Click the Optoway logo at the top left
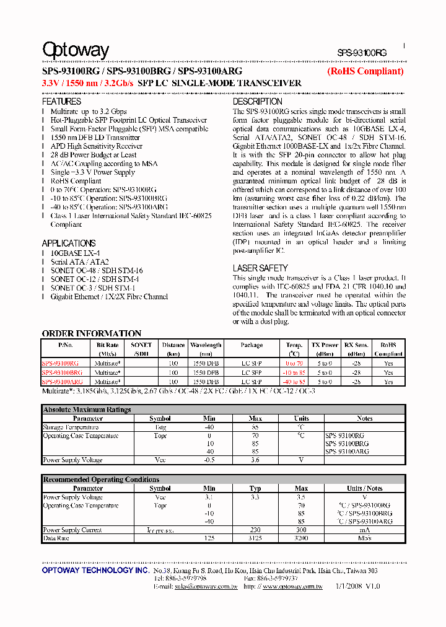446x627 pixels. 75,50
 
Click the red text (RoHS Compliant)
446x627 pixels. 365,71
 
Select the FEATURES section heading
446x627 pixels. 61,102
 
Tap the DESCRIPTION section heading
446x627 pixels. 257,102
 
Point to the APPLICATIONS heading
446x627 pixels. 68,243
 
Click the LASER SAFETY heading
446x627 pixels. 260,268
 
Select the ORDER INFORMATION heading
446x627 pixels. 91,333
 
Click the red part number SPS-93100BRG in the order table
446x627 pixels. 62,373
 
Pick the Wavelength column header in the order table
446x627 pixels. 206,345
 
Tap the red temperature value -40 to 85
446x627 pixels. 294,382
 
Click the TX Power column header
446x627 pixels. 325,345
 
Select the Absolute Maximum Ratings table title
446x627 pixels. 87,410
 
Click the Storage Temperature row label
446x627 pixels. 71,427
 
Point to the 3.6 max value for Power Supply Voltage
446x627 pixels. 255,460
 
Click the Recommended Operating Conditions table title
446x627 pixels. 100,480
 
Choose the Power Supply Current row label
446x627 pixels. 72,530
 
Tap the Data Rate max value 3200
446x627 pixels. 301,538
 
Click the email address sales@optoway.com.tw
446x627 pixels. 206,586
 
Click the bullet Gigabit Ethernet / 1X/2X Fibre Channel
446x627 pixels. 109,297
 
